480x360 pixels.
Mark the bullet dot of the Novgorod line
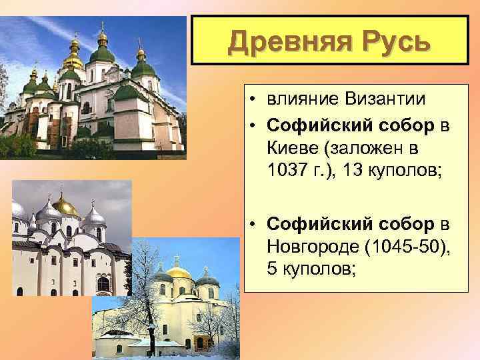click(x=256, y=225)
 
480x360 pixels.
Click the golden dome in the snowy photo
click(x=179, y=273)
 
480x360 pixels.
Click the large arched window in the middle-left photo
click(x=103, y=284)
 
